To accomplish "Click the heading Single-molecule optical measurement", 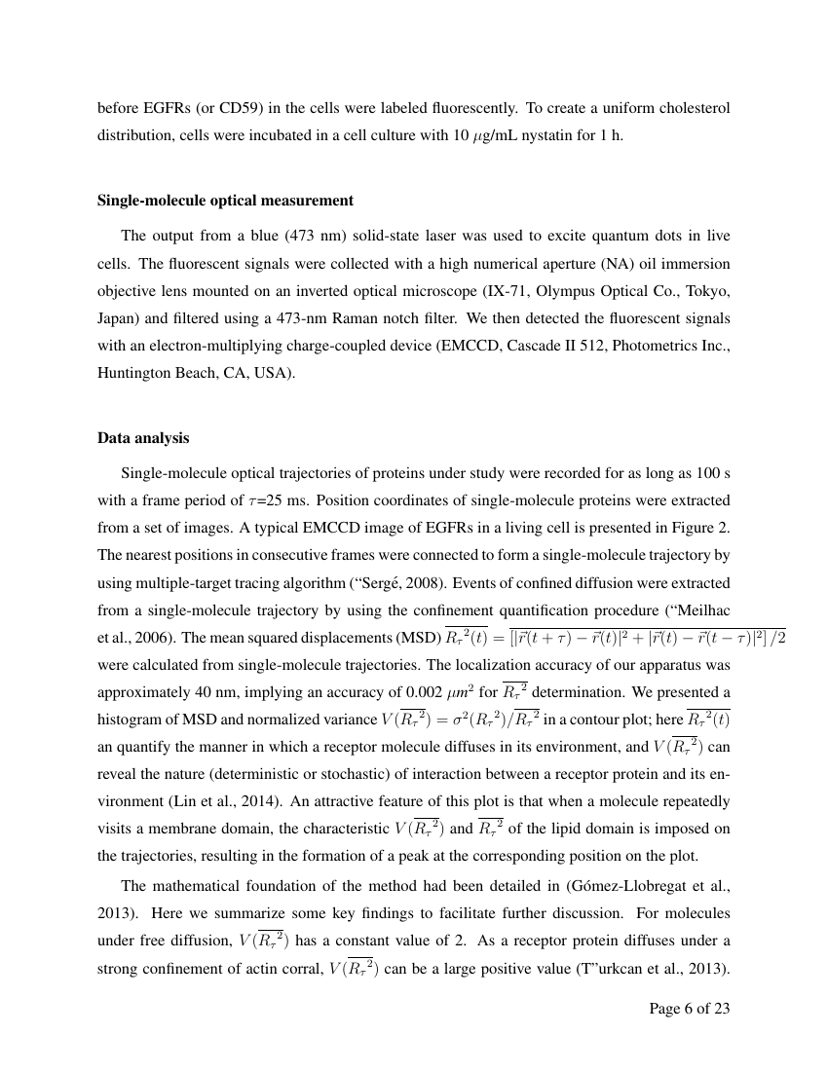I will [225, 201].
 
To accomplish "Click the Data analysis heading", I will [143, 438].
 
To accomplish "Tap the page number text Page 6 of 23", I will [689, 1008].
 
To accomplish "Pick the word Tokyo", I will [705, 290].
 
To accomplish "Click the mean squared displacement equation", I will [614, 638].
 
